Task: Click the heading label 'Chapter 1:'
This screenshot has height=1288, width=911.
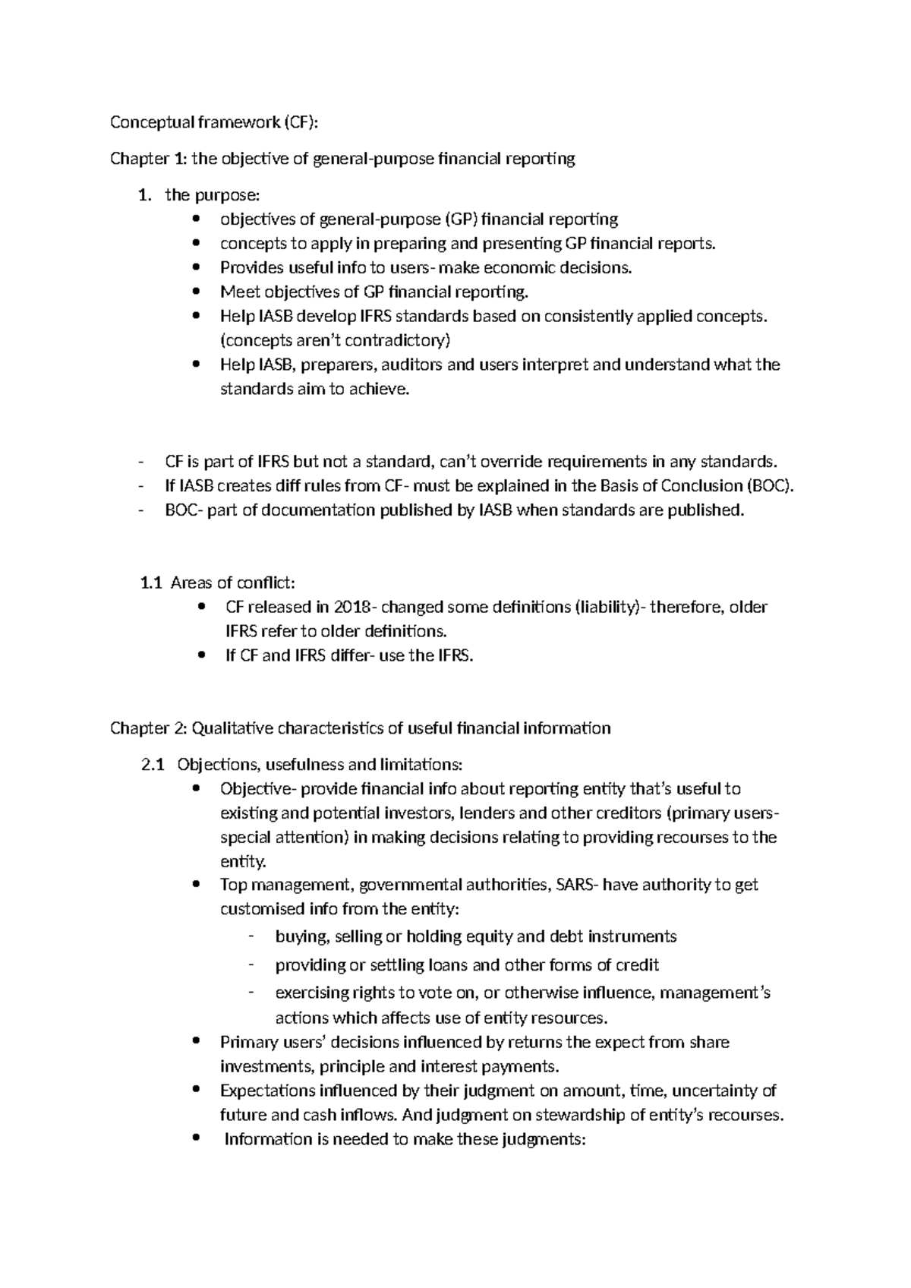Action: [x=147, y=159]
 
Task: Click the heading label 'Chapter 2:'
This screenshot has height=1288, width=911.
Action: [x=147, y=728]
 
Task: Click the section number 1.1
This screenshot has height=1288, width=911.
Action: [x=152, y=583]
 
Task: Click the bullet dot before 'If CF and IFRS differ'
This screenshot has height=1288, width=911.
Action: [x=200, y=655]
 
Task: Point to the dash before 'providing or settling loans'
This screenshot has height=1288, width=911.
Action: [x=251, y=964]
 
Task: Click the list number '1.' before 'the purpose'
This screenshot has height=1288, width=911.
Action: [x=145, y=195]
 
